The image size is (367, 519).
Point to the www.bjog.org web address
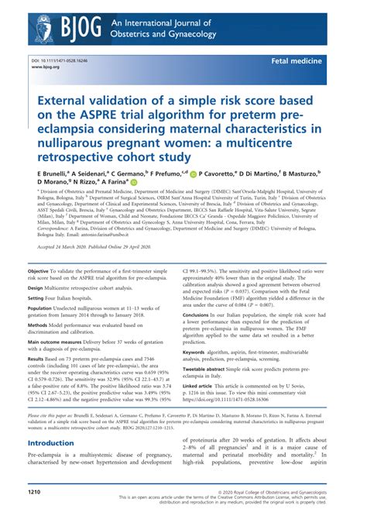pos(45,67)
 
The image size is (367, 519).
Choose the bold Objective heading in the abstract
pos(42,272)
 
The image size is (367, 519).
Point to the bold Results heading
pos(40,359)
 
